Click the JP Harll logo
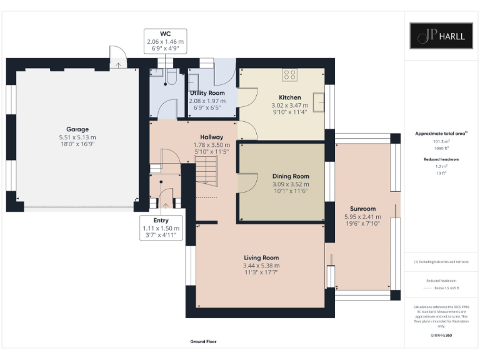pos(441,36)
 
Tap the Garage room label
pos(77,129)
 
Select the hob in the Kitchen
pos(290,74)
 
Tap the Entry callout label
pos(161,221)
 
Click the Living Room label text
pos(261,257)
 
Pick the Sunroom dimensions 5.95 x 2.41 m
pos(363,217)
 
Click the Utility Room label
pos(207,93)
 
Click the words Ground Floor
pos(203,342)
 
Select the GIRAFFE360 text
pos(441,336)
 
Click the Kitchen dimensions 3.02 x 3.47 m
pos(290,106)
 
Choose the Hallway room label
pos(211,137)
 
